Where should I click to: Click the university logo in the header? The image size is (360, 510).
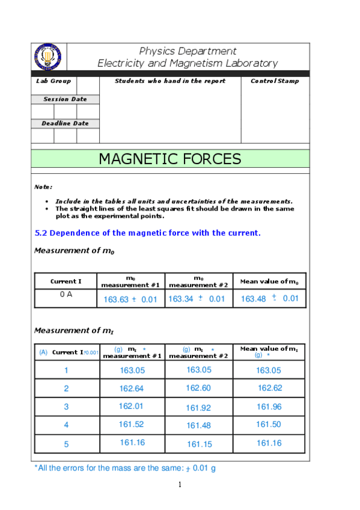(x=49, y=57)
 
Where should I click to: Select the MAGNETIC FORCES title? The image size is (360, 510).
(x=170, y=159)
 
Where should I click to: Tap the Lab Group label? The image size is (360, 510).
(x=53, y=81)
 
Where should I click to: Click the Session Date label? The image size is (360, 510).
(x=65, y=99)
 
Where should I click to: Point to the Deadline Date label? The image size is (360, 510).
(x=65, y=123)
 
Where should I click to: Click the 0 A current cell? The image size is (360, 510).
(x=66, y=295)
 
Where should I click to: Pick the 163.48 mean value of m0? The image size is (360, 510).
(x=253, y=299)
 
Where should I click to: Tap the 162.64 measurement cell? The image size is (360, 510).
(x=132, y=389)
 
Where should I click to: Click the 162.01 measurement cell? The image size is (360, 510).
(x=131, y=407)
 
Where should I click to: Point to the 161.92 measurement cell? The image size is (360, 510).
(x=198, y=408)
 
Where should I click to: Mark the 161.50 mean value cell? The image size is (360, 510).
(x=269, y=425)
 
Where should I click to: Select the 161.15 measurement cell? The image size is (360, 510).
(x=198, y=444)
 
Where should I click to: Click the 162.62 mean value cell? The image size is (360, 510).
(x=270, y=388)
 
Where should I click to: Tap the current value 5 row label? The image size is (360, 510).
(x=66, y=444)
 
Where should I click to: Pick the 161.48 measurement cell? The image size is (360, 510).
(x=198, y=426)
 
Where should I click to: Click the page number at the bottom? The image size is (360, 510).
(x=180, y=485)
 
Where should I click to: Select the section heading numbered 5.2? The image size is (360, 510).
(x=147, y=233)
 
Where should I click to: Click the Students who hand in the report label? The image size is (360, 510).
(x=170, y=81)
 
